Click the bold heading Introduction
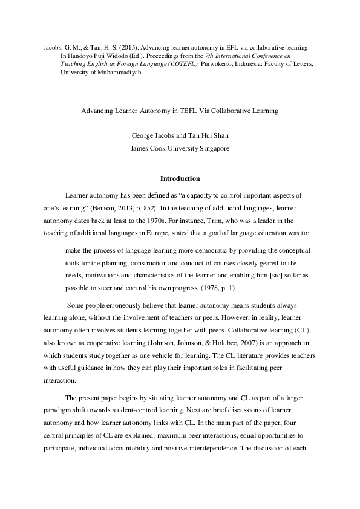click(x=180, y=178)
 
